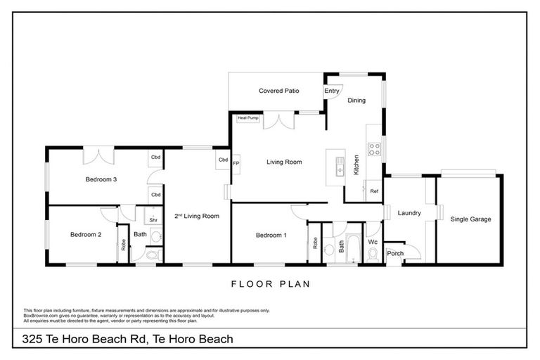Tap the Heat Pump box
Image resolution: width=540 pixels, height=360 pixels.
[x=248, y=118]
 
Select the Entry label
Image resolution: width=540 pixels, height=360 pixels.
[x=332, y=91]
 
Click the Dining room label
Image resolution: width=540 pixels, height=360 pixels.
[x=356, y=101]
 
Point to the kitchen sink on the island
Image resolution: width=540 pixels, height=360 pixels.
[x=339, y=169]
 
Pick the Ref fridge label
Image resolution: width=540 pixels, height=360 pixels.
[x=374, y=191]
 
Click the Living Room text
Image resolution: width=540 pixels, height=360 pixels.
[x=284, y=162]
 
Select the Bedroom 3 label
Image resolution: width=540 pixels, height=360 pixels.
[x=101, y=179]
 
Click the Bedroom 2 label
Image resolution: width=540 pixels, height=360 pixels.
[x=85, y=234]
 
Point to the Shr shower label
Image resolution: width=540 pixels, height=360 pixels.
[x=153, y=219]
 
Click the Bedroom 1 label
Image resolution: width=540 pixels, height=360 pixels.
[x=271, y=235]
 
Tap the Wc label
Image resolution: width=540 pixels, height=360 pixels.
[x=373, y=242]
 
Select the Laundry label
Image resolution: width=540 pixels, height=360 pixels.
[x=409, y=213]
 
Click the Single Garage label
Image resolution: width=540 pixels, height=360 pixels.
[x=470, y=219]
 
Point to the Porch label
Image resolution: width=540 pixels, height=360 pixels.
[x=395, y=253]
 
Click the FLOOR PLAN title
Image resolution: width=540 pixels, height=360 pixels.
[x=270, y=285]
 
